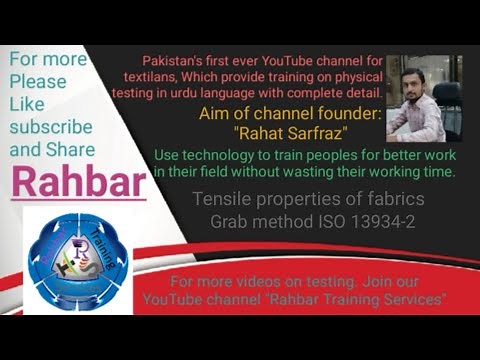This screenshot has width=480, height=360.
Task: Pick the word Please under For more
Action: pyautogui.click(x=38, y=81)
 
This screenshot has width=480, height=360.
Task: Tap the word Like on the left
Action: pyautogui.click(x=28, y=104)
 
